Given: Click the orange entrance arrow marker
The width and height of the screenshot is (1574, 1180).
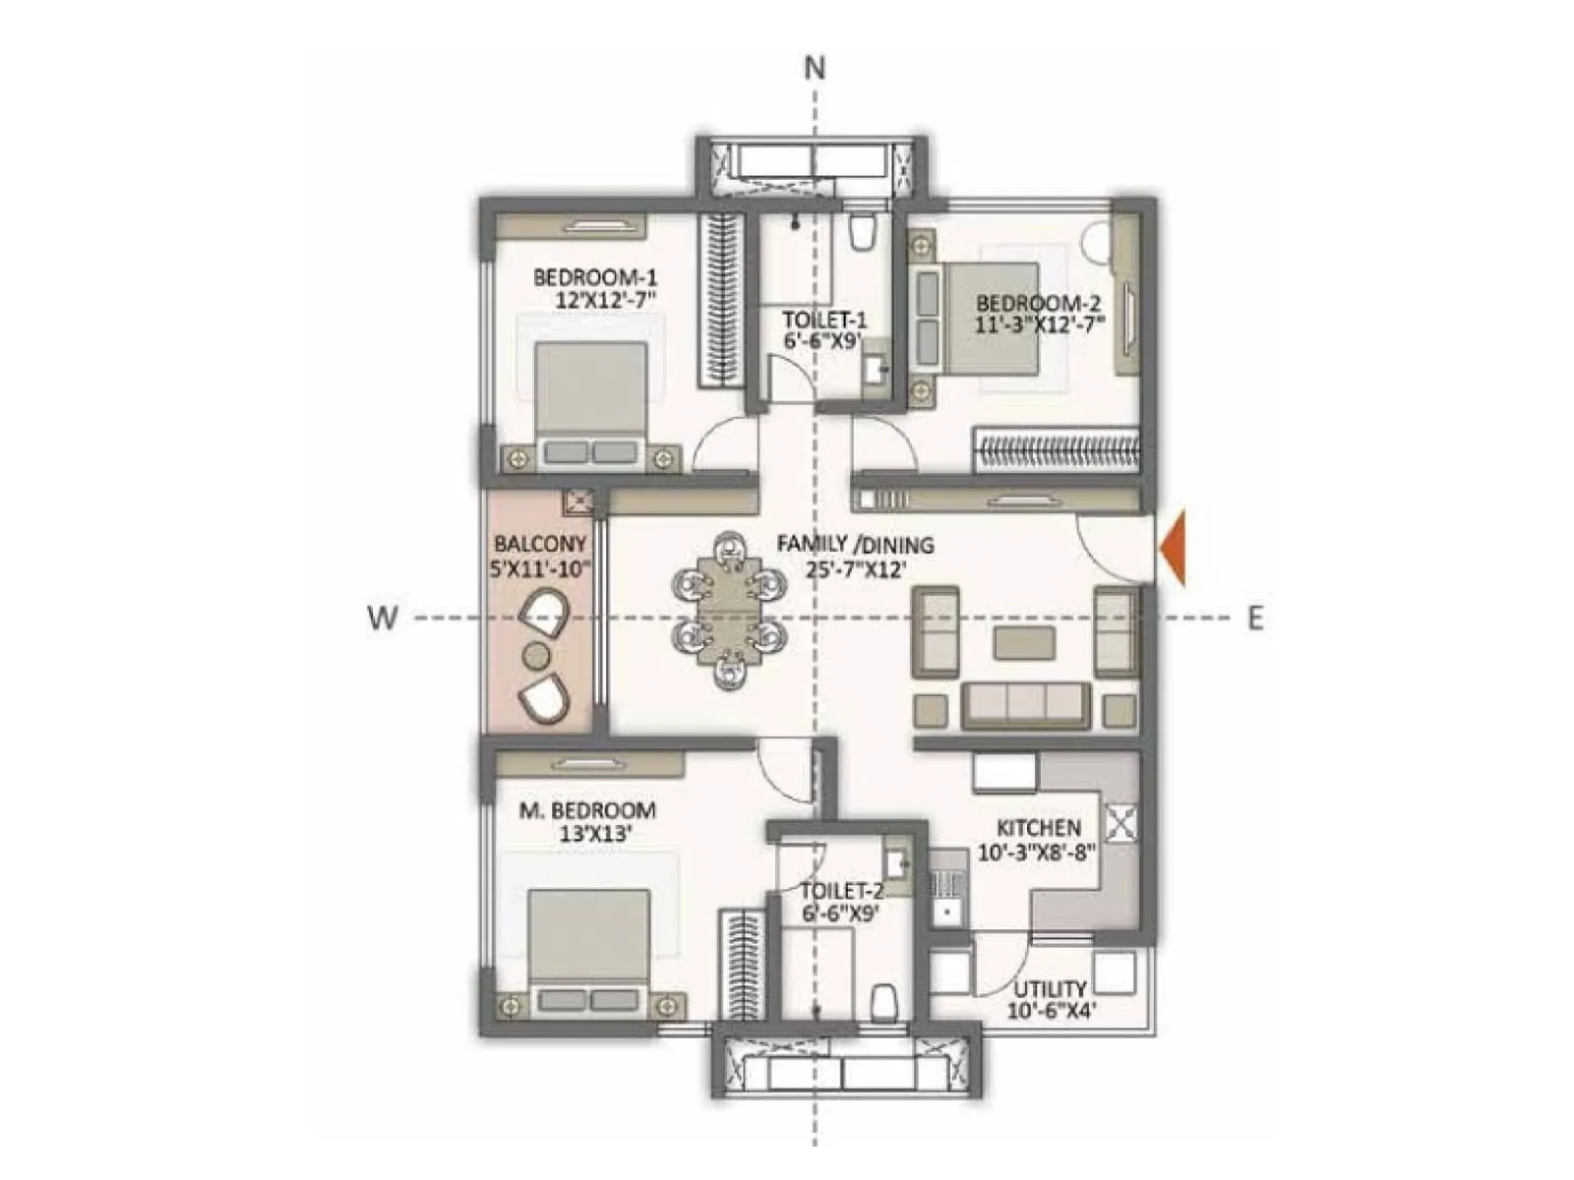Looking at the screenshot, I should [1173, 550].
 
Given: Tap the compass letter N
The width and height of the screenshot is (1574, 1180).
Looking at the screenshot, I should [815, 68].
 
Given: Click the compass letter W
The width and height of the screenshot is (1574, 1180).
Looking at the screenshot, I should [383, 618].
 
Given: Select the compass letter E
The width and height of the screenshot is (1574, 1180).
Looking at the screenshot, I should [1255, 619].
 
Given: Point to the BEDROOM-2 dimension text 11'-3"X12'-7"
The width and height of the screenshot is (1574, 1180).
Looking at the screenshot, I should [1041, 323].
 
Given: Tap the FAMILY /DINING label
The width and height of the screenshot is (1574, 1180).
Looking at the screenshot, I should [855, 545].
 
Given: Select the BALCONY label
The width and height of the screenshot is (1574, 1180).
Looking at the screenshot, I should [540, 544].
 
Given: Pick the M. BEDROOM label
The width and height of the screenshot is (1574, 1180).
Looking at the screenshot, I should [587, 811].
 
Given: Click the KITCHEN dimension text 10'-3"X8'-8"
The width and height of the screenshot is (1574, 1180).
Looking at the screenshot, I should [1037, 853].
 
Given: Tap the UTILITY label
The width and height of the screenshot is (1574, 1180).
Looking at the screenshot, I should [1050, 988].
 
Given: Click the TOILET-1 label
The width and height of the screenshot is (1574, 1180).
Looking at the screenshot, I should [824, 320].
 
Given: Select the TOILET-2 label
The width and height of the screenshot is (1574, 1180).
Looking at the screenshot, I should [841, 891].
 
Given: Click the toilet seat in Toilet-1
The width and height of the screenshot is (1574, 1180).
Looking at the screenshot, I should [862, 232].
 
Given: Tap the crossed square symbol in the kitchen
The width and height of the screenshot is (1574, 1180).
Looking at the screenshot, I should [1120, 822].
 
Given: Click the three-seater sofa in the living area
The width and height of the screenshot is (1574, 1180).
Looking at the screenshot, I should [1025, 704].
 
